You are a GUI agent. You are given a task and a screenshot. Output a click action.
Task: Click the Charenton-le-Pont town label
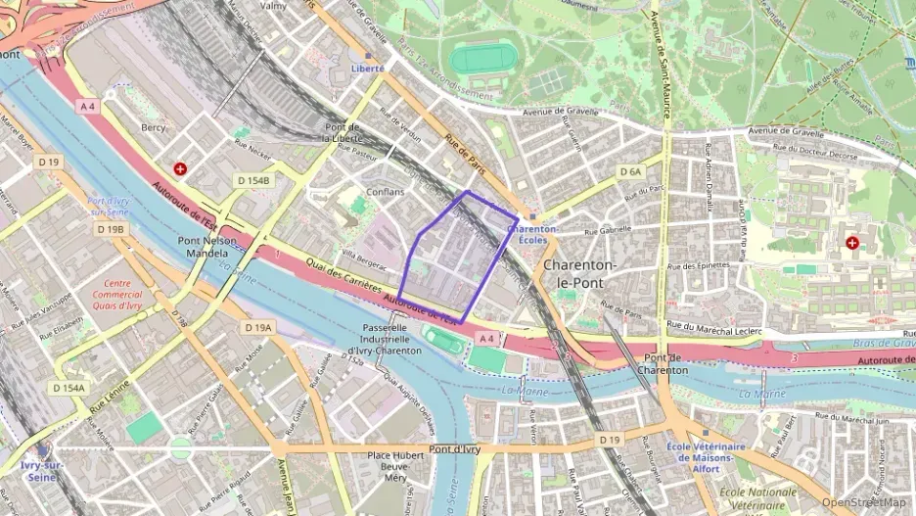(x=579, y=274)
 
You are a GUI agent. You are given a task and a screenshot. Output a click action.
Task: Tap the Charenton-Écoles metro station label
(x=532, y=235)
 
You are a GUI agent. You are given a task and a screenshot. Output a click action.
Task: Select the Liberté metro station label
(x=368, y=69)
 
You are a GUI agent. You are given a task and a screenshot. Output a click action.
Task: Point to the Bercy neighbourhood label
(x=154, y=127)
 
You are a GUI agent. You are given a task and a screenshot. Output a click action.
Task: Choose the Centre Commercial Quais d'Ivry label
(x=117, y=295)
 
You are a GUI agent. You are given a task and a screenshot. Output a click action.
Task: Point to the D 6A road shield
(x=630, y=171)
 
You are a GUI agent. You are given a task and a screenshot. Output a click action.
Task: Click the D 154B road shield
(x=252, y=180)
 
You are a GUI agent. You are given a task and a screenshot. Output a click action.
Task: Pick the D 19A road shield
(x=258, y=327)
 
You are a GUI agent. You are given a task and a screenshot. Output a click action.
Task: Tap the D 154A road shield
(x=68, y=388)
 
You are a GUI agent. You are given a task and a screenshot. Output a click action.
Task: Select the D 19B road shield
(x=111, y=228)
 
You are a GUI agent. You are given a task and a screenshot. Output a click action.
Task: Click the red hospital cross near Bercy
(x=179, y=169)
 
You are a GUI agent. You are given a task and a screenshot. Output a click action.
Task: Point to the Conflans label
(x=385, y=192)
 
